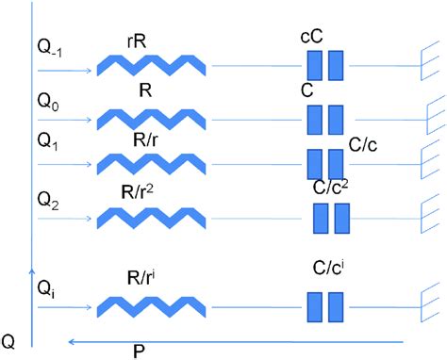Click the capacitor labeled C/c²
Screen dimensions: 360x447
(x=330, y=218)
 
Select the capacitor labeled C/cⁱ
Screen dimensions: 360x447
(x=325, y=306)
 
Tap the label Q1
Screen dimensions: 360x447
(x=48, y=142)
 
